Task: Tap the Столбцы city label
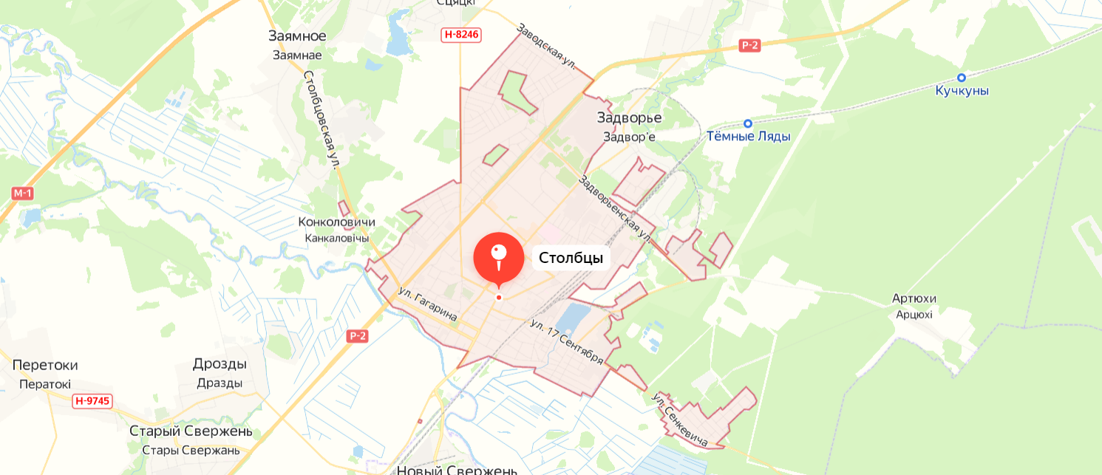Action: (x=571, y=258)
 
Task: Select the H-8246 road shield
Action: (x=461, y=34)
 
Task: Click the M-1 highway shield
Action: (x=23, y=193)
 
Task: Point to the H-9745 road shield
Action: (x=92, y=401)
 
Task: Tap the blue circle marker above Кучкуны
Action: (x=962, y=78)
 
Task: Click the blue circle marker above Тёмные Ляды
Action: (x=748, y=123)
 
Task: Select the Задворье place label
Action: (x=629, y=117)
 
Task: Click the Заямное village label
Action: (x=297, y=36)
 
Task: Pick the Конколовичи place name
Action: (x=336, y=222)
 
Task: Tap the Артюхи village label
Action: (x=914, y=298)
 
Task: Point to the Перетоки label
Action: (x=45, y=365)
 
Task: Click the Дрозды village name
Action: (x=220, y=363)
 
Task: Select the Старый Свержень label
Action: (x=191, y=431)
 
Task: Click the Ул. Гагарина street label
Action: (x=427, y=303)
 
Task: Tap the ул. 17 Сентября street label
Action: (x=567, y=341)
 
